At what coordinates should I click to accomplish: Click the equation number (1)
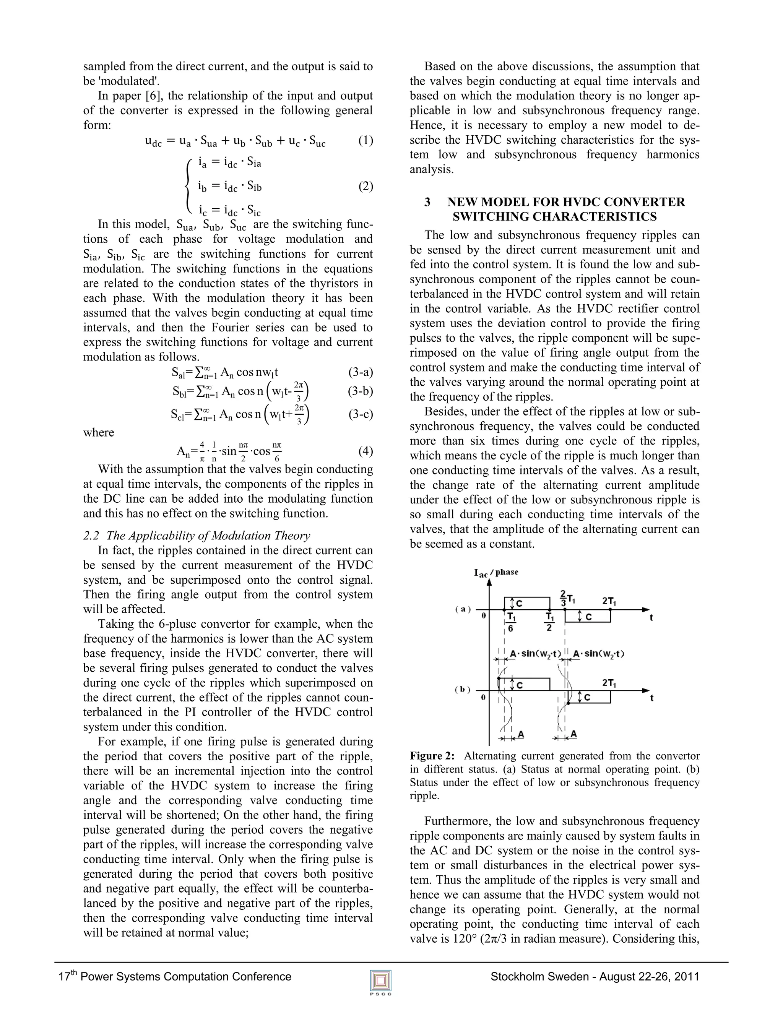pos(366,141)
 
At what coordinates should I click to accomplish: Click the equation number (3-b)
pos(360,391)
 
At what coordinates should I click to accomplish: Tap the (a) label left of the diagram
pos(463,609)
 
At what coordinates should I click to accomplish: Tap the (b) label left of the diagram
pos(463,690)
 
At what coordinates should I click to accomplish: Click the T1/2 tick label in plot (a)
pos(549,622)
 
